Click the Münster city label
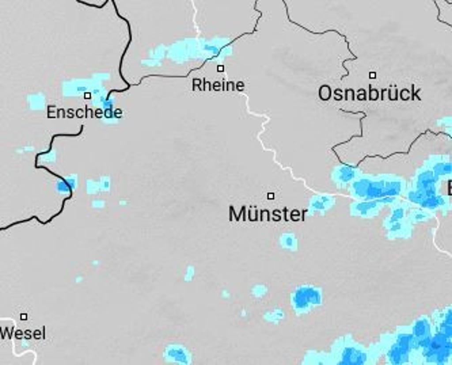[268, 214]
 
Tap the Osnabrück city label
[369, 93]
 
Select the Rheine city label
[218, 85]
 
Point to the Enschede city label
[84, 112]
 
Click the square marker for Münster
[271, 196]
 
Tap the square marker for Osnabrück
[373, 75]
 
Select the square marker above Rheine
[220, 68]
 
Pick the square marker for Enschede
[87, 96]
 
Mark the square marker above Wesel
[24, 317]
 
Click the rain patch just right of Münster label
[321, 204]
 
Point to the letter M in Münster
[237, 214]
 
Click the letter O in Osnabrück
[325, 94]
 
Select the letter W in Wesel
[6, 333]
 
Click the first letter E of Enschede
[50, 112]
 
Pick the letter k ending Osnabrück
[416, 93]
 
